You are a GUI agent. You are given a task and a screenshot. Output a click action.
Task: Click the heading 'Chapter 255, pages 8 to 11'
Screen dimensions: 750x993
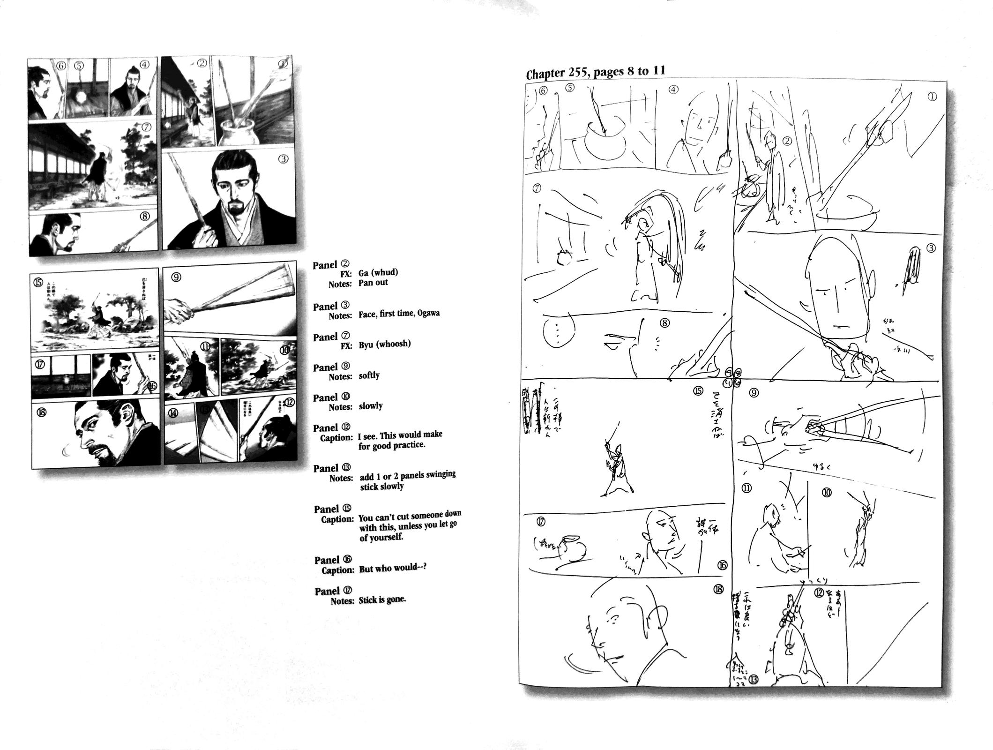click(595, 73)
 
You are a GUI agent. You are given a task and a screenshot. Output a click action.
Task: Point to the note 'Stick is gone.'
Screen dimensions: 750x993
click(382, 600)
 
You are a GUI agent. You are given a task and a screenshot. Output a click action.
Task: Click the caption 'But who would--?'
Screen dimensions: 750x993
click(392, 568)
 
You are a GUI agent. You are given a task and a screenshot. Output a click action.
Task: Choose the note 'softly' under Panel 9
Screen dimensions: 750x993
click(369, 375)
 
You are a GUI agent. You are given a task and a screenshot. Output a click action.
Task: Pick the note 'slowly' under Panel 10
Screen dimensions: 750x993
click(370, 405)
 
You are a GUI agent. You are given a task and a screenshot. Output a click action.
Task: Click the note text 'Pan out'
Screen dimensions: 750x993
click(373, 283)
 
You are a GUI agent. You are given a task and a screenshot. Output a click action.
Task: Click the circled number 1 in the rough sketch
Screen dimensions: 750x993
click(932, 97)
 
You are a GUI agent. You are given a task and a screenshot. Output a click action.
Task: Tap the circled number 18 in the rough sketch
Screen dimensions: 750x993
click(718, 589)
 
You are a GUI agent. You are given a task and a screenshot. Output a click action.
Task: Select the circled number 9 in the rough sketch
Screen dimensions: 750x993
click(754, 393)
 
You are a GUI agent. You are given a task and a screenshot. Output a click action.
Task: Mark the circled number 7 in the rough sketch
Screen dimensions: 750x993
click(537, 188)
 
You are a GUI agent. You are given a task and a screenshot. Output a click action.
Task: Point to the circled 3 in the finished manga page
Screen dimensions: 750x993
click(283, 159)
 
